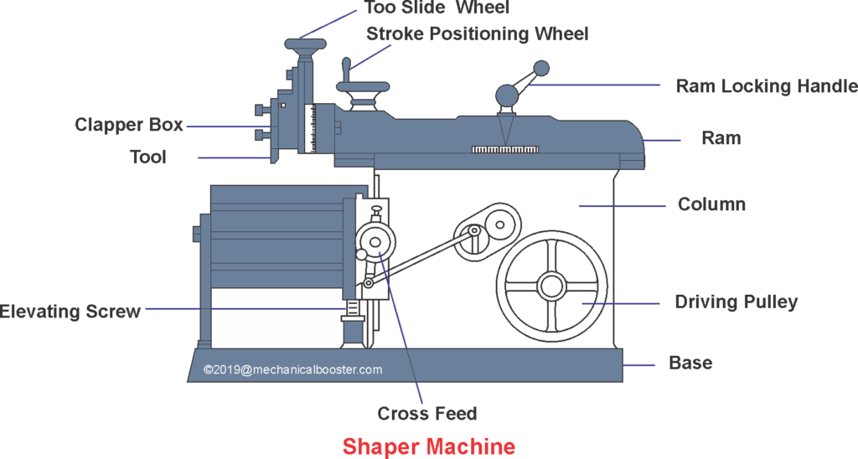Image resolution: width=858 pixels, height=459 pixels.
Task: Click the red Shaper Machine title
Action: pyautogui.click(x=428, y=446)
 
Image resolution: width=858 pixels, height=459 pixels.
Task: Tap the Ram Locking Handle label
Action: pyautogui.click(x=767, y=85)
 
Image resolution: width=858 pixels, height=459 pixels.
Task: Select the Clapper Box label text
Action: pyautogui.click(x=128, y=125)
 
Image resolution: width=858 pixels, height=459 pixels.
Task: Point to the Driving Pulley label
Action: pyautogui.click(x=736, y=302)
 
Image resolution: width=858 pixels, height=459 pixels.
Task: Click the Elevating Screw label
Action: pyautogui.click(x=70, y=312)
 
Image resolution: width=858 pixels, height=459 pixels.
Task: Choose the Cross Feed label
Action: pyautogui.click(x=426, y=413)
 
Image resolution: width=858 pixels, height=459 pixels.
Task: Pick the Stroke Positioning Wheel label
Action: pyautogui.click(x=478, y=34)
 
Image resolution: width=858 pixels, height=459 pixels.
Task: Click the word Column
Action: pyautogui.click(x=711, y=204)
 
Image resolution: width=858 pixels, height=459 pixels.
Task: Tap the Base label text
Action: pyautogui.click(x=690, y=363)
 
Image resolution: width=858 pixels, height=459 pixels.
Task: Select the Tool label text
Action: pyautogui.click(x=148, y=157)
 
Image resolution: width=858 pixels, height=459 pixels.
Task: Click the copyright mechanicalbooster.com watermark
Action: pyautogui.click(x=292, y=369)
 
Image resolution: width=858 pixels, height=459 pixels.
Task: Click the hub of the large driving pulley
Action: pyautogui.click(x=550, y=286)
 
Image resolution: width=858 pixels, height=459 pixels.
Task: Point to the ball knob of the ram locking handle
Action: pyautogui.click(x=541, y=67)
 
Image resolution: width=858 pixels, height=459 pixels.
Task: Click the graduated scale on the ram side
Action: pyautogui.click(x=506, y=149)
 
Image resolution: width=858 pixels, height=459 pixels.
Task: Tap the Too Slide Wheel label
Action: pyautogui.click(x=437, y=8)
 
